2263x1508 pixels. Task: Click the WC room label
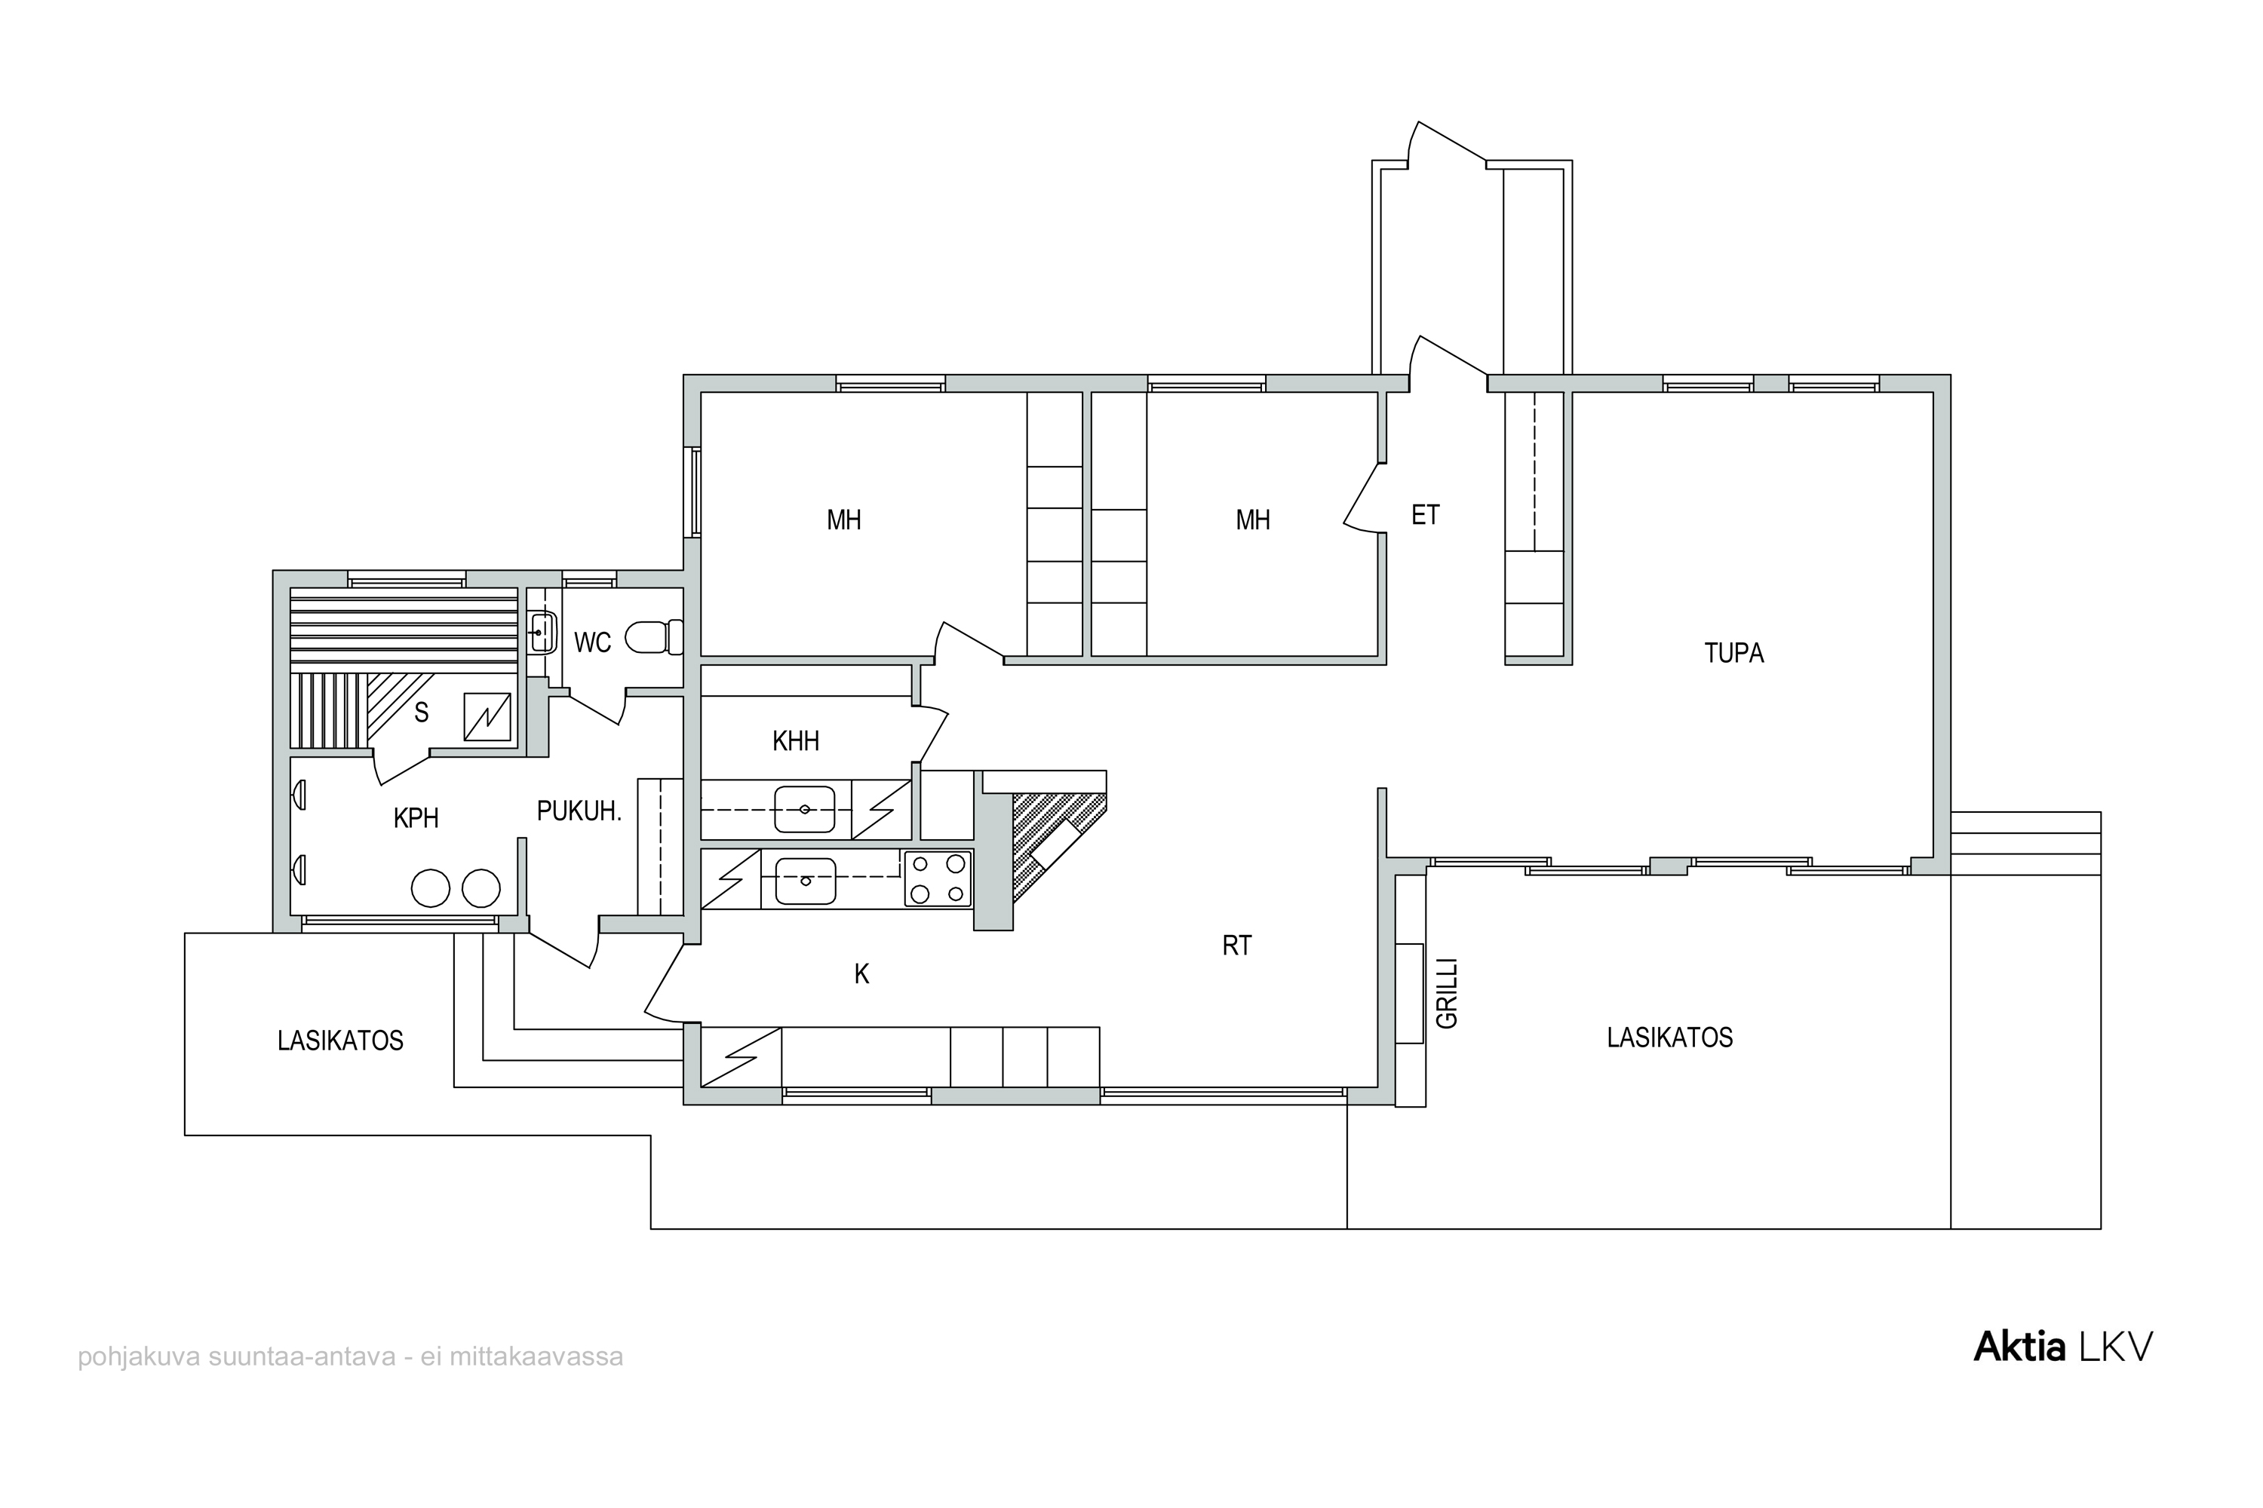(593, 642)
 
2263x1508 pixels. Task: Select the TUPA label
(1733, 654)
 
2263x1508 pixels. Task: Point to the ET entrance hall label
(1425, 516)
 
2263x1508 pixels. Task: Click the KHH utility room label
(796, 741)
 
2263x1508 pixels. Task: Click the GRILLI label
(1447, 994)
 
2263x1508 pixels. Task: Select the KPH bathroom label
(416, 818)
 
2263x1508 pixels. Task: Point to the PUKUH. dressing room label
(579, 812)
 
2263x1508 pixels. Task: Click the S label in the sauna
(422, 713)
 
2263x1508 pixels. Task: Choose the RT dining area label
(1236, 946)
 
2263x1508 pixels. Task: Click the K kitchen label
(862, 975)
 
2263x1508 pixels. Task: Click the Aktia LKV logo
(2063, 1347)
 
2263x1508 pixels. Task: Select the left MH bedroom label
(844, 521)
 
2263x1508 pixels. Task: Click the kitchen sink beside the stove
(806, 881)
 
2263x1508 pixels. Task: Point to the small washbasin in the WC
(542, 632)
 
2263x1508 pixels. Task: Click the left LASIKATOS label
(341, 1041)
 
